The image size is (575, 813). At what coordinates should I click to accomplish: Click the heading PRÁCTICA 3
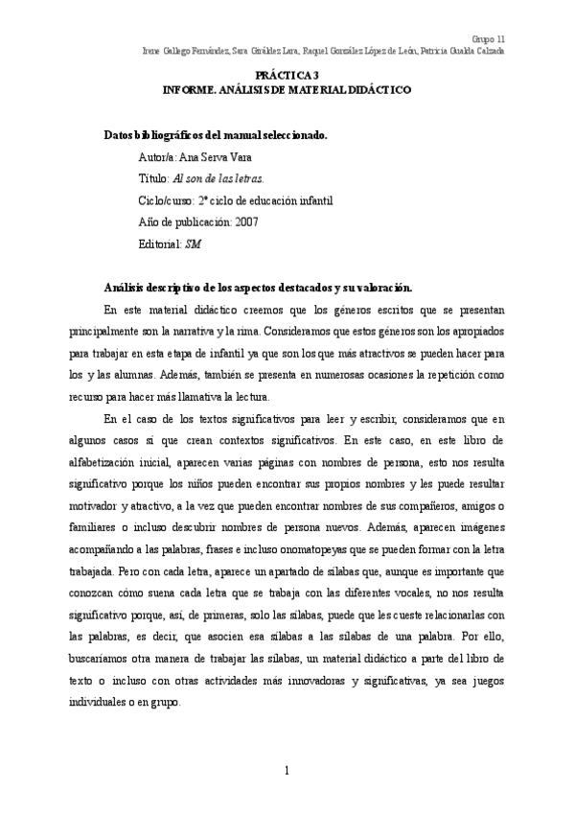click(287, 75)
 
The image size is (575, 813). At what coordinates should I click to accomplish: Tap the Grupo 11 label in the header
click(489, 38)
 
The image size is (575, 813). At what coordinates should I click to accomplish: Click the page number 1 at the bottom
click(287, 770)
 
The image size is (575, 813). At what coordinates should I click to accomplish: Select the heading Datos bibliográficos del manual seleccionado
click(216, 135)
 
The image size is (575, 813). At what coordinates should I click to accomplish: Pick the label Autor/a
click(157, 157)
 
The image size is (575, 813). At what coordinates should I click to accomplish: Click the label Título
click(153, 178)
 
